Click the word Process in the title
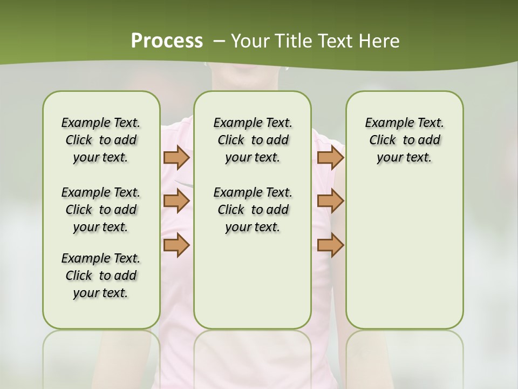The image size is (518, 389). [x=167, y=41]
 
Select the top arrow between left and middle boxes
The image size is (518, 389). [x=176, y=157]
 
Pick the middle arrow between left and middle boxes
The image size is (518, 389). [x=176, y=201]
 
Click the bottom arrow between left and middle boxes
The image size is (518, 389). [x=176, y=245]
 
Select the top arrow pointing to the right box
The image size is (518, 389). [x=330, y=157]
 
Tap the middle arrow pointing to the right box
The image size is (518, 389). [x=330, y=201]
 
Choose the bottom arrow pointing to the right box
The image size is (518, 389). [x=330, y=245]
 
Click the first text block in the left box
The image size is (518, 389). [x=101, y=140]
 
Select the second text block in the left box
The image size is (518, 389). [x=101, y=210]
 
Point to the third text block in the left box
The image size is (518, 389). [x=101, y=276]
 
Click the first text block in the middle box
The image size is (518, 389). [x=253, y=140]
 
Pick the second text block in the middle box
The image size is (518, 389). [x=253, y=210]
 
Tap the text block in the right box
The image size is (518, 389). [x=404, y=140]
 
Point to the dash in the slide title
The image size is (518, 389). [x=219, y=41]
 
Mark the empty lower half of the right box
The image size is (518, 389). [x=404, y=259]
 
